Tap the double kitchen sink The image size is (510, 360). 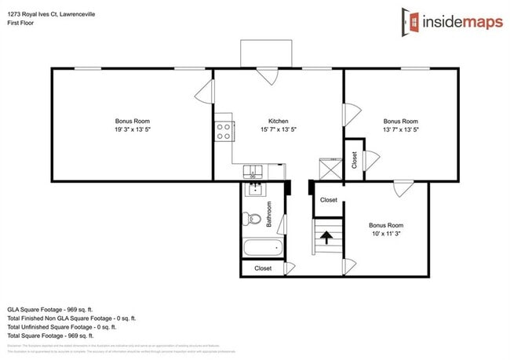point(254,171)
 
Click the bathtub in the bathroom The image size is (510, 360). point(262,249)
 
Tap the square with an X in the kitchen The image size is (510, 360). point(330,170)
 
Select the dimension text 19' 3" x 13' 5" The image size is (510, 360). point(132,131)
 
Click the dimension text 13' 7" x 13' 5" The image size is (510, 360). point(400,131)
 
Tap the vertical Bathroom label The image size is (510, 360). point(268,214)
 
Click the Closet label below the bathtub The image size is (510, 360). point(263,268)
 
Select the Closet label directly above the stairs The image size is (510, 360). point(329,200)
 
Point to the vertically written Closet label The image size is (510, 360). point(355,160)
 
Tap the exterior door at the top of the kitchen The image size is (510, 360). point(268,75)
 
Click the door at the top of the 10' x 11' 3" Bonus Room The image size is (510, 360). point(403,188)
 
